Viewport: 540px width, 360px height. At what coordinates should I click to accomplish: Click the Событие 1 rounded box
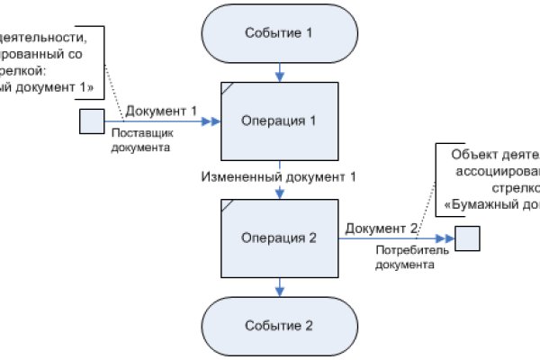281,33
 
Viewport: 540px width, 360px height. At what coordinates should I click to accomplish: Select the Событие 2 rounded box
281,324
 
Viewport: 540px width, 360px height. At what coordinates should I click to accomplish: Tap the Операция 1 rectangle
281,120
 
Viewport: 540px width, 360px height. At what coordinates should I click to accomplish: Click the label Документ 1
161,110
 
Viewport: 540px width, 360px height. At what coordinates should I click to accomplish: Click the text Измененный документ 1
279,177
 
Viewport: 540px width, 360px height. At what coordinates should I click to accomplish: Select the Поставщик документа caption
140,141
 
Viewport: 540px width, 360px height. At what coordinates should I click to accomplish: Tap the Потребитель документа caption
405,259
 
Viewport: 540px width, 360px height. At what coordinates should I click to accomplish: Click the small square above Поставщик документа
92,121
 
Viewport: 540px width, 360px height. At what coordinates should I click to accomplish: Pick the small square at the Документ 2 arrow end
467,238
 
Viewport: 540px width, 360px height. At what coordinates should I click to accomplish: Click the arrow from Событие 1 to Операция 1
281,70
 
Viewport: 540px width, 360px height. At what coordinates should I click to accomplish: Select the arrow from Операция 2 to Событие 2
281,286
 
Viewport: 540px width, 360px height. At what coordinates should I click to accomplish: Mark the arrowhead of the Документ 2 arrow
449,238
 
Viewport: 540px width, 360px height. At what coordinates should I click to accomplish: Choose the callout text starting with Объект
490,175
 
